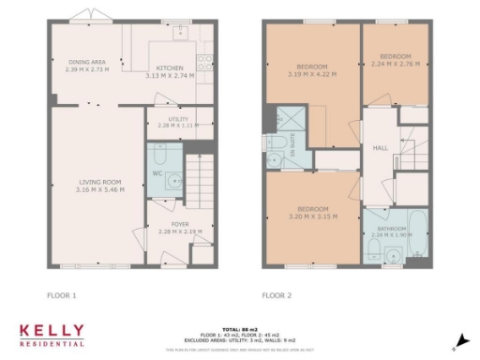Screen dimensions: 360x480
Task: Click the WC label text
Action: click(157, 172)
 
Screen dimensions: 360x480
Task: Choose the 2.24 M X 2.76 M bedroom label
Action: click(392, 65)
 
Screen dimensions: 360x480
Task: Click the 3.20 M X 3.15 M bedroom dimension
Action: click(312, 216)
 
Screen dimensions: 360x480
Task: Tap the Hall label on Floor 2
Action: click(381, 147)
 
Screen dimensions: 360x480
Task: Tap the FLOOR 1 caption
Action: click(61, 295)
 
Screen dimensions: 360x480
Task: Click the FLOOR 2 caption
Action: click(277, 295)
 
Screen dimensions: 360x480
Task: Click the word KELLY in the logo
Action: click(52, 330)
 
